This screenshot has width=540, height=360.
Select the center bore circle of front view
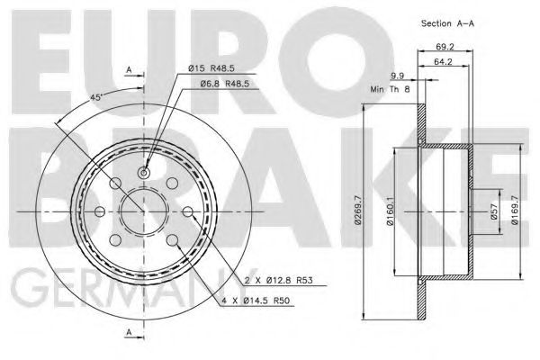pos(142,211)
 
